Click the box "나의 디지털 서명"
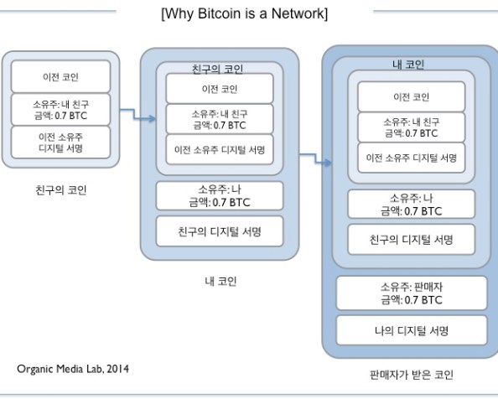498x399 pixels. click(412, 330)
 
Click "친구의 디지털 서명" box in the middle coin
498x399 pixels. click(219, 231)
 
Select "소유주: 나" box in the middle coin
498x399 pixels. click(219, 195)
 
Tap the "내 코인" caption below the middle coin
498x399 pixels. click(219, 281)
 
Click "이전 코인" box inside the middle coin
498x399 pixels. click(219, 88)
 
